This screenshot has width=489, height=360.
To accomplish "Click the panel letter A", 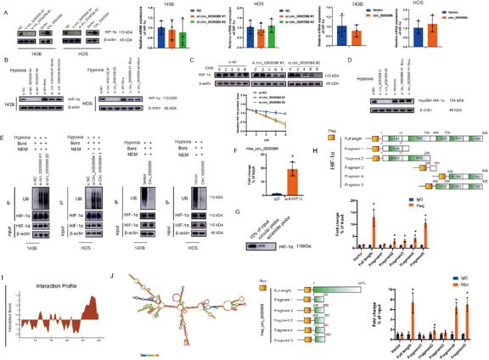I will [4, 4].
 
